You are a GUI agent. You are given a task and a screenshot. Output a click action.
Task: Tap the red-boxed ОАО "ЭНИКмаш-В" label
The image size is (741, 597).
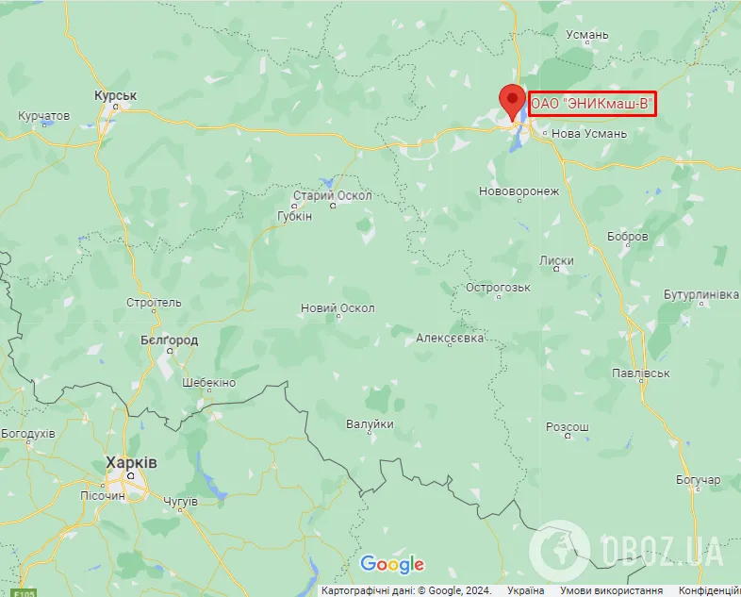pos(591,103)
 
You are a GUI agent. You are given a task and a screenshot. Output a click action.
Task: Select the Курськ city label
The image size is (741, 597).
pos(116,96)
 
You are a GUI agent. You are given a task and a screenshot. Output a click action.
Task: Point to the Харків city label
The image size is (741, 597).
pos(132,464)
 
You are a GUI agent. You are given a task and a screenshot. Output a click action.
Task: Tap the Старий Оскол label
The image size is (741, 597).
pos(333,195)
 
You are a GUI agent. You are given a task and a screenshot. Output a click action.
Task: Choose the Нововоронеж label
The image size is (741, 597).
pos(519,191)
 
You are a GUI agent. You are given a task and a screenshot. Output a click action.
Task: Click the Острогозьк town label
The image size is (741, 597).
pos(501,287)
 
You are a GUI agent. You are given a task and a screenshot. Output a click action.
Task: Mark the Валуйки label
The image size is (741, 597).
pos(370,423)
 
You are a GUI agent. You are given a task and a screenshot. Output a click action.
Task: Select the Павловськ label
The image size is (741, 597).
pos(640,373)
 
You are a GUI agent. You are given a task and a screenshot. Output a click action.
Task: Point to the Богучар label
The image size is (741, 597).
pos(698,480)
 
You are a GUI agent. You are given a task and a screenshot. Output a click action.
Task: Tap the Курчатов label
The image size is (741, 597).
pos(44,115)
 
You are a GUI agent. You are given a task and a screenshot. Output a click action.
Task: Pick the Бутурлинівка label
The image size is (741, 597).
pos(700,294)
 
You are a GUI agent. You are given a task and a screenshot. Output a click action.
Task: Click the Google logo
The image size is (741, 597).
pos(392,565)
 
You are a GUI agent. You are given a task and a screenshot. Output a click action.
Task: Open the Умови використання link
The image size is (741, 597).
pos(612,590)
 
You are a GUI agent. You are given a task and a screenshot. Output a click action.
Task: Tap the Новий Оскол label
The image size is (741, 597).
pos(338,308)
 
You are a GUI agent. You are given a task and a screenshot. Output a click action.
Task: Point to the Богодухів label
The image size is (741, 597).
pos(28,433)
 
